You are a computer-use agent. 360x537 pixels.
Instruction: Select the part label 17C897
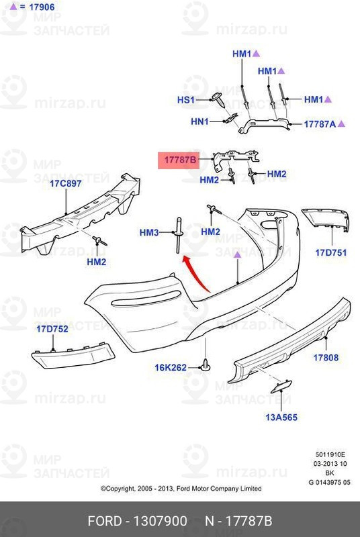tap(65, 183)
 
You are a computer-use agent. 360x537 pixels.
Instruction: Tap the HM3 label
tap(149, 232)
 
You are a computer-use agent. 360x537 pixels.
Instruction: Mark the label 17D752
tap(52, 329)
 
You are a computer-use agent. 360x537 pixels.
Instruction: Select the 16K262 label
tap(171, 367)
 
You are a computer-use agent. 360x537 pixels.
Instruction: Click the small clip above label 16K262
tap(205, 364)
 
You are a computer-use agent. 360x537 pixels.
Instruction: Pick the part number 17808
tap(326, 358)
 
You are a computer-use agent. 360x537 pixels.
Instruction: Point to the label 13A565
tap(281, 417)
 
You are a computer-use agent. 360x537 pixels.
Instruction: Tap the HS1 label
tap(185, 99)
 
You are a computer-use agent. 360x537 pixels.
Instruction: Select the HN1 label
tap(199, 121)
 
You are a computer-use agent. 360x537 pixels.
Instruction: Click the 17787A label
tap(320, 124)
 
